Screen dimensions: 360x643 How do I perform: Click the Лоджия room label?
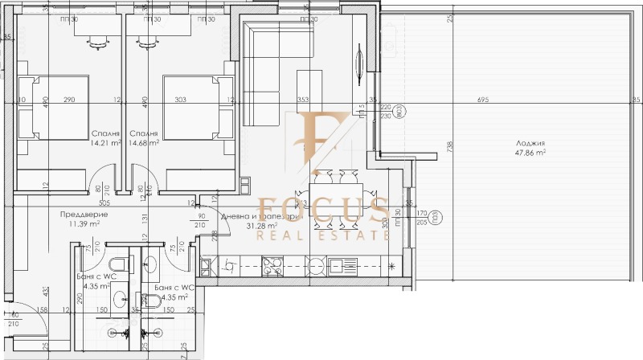pyautogui.click(x=530, y=142)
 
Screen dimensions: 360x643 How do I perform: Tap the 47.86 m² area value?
pyautogui.click(x=530, y=152)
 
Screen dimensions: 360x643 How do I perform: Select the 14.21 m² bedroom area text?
pyautogui.click(x=105, y=143)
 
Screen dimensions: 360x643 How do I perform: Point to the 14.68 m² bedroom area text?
pyautogui.click(x=143, y=143)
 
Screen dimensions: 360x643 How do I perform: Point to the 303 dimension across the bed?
pyautogui.click(x=178, y=100)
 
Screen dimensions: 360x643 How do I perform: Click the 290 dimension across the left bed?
pyautogui.click(x=69, y=100)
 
